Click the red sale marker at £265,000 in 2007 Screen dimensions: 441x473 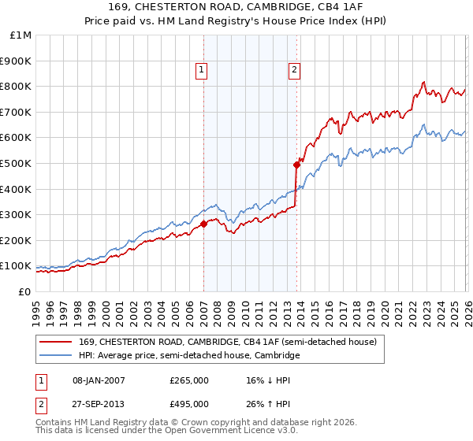203,224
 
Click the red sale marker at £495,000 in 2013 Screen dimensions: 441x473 296,165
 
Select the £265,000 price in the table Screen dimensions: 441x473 188,380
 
